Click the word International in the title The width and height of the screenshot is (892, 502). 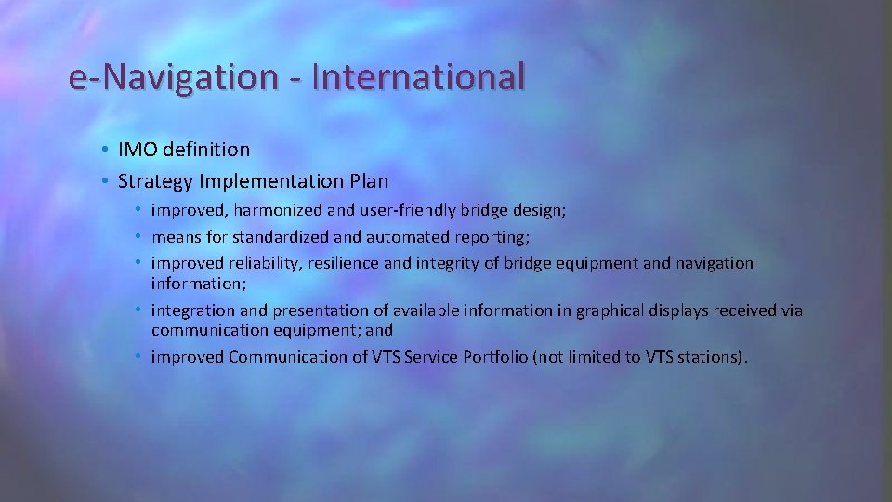[x=418, y=77]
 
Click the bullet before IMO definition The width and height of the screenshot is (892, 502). [x=108, y=150]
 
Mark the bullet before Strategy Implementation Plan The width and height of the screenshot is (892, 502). [x=108, y=180]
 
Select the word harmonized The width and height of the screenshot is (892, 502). [x=267, y=211]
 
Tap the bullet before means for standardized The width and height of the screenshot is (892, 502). [x=140, y=237]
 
